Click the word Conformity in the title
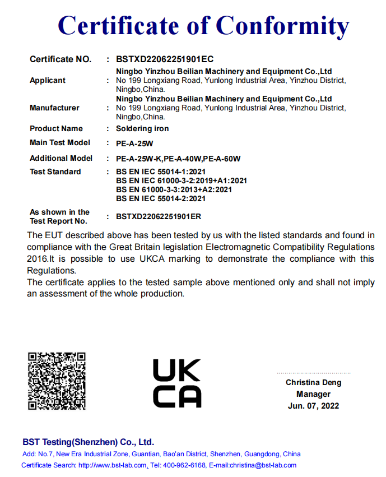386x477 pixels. [282, 26]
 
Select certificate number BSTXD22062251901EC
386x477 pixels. [165, 59]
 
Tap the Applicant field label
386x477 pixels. [48, 80]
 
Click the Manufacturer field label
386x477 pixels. [54, 108]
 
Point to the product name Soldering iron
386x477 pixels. [142, 128]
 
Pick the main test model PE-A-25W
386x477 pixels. [135, 143]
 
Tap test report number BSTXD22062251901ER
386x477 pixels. [159, 216]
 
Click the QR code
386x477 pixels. [57, 381]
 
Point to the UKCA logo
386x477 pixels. [176, 383]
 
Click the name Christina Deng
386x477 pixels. [313, 382]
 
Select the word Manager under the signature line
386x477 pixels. [313, 394]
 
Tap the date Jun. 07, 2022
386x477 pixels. [313, 406]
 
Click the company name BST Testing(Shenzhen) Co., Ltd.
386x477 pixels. [88, 442]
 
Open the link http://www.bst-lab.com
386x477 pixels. [113, 465]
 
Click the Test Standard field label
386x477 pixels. [55, 172]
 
